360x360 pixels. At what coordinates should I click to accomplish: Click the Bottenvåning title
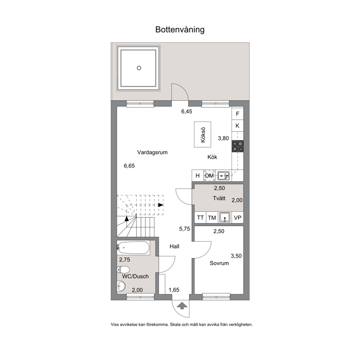tap(180, 30)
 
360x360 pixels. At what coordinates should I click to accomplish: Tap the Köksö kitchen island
tap(202, 135)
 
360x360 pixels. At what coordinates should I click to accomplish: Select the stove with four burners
tap(238, 146)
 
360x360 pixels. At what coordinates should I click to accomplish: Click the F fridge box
tap(238, 114)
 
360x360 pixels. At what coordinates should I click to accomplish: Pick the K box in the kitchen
tap(238, 126)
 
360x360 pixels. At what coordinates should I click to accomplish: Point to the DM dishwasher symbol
tap(209, 176)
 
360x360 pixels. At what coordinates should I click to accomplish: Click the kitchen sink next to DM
tap(224, 176)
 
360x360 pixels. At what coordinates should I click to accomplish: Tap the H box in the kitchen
tap(198, 176)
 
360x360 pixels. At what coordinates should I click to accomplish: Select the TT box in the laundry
tap(200, 217)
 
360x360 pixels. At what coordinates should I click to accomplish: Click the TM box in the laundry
tap(212, 217)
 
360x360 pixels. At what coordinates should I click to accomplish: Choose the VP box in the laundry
tap(238, 217)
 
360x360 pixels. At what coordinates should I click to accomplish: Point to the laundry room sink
tap(225, 217)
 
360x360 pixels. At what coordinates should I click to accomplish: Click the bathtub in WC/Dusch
tap(134, 248)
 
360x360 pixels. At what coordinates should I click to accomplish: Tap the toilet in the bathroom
tap(123, 270)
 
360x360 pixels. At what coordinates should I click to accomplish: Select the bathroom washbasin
tap(121, 286)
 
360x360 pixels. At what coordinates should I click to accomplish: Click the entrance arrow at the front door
tap(182, 306)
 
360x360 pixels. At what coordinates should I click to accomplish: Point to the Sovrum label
tap(219, 263)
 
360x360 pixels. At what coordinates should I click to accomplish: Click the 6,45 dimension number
tap(187, 111)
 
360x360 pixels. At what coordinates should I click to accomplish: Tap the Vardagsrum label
tap(152, 152)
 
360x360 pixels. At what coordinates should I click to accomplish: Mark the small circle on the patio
tap(139, 68)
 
